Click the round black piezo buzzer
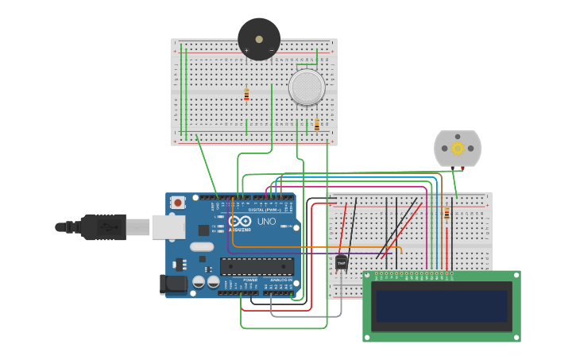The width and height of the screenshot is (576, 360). tap(259, 38)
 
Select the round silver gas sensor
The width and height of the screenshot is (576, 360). tap(307, 87)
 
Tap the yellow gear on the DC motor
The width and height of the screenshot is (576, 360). tap(457, 148)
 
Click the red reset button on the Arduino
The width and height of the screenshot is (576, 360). tap(177, 203)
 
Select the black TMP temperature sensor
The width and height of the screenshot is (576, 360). tap(342, 261)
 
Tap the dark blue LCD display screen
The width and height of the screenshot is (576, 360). tap(442, 305)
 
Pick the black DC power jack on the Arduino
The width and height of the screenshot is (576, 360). tap(172, 285)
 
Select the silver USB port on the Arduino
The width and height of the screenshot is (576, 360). tap(168, 226)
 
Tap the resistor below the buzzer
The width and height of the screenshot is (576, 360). tap(246, 95)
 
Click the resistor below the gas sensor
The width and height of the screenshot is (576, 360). tap(317, 125)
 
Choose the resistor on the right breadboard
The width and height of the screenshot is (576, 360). tap(446, 213)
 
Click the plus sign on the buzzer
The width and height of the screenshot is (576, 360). tap(246, 51)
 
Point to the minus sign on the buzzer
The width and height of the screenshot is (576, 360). tap(272, 51)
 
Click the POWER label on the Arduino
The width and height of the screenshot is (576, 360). tap(249, 281)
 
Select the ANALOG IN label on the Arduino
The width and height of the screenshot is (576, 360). tap(279, 281)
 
